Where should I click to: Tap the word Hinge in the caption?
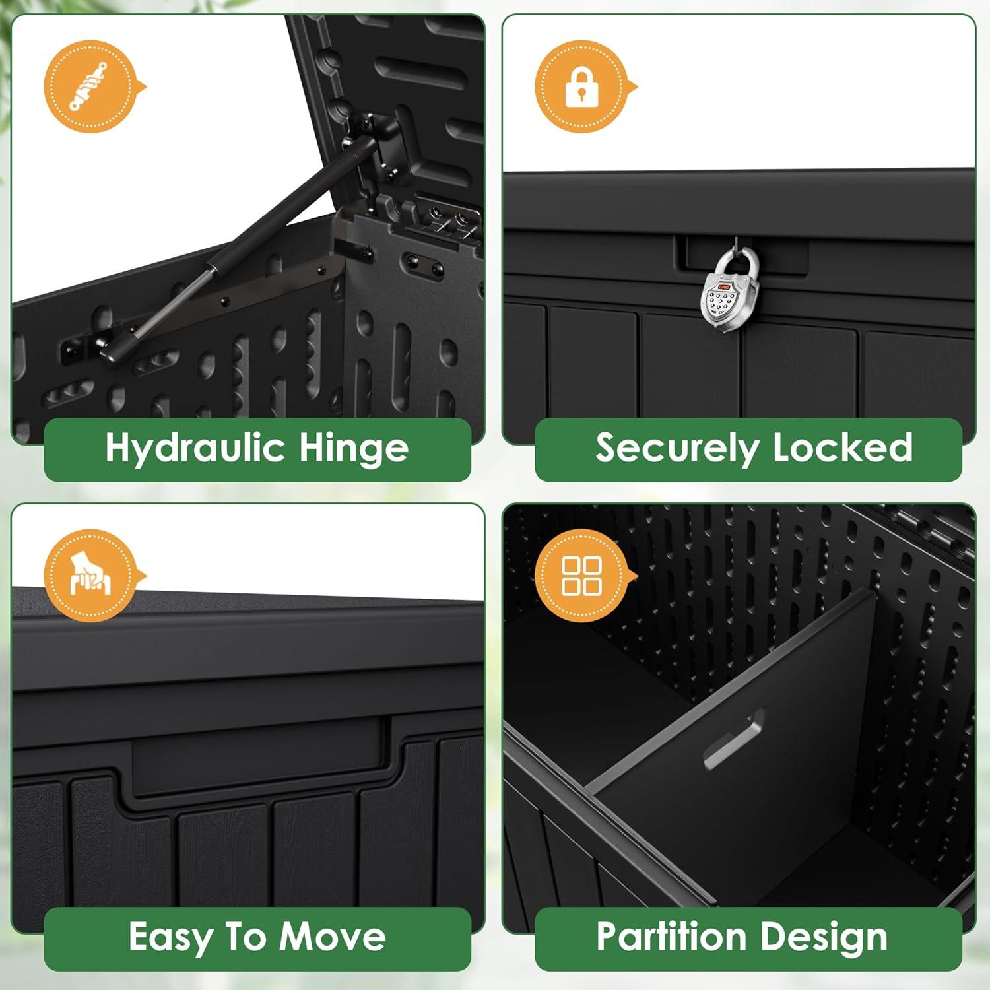354,449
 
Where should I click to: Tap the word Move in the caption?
333,937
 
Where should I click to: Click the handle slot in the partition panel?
734,738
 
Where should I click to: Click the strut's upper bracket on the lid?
374,140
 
